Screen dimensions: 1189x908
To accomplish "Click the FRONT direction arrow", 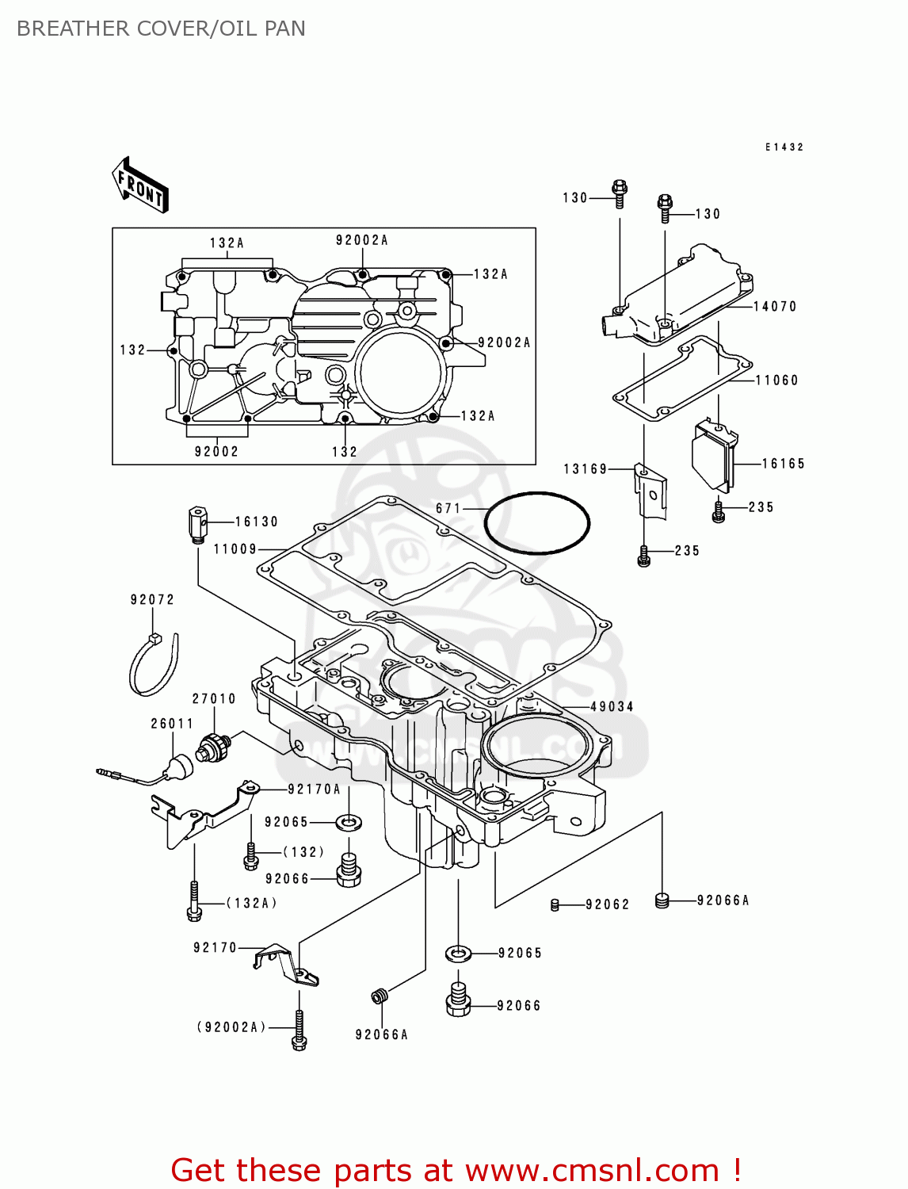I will [x=140, y=185].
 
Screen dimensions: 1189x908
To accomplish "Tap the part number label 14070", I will [x=774, y=307].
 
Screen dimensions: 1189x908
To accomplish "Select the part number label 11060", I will [x=776, y=380].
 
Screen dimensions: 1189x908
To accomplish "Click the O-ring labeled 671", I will [x=537, y=523].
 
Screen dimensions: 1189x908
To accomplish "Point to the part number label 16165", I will [x=783, y=464].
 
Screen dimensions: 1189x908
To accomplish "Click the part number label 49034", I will [x=612, y=706].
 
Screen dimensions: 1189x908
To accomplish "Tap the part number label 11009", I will [x=235, y=549].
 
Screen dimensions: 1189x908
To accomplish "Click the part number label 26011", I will [x=172, y=724].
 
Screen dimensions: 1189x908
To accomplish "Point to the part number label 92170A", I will [x=314, y=789].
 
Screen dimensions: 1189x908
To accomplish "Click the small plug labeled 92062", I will [x=555, y=904].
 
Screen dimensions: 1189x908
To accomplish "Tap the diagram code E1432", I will [x=784, y=147].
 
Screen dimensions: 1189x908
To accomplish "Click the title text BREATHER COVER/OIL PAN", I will [x=161, y=29].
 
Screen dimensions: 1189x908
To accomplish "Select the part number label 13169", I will [x=585, y=469].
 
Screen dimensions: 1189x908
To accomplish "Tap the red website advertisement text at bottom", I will [x=456, y=1170].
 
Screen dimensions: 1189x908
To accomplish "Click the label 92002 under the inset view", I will [x=216, y=452].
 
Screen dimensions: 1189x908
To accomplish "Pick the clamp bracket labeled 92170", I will [x=285, y=963].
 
